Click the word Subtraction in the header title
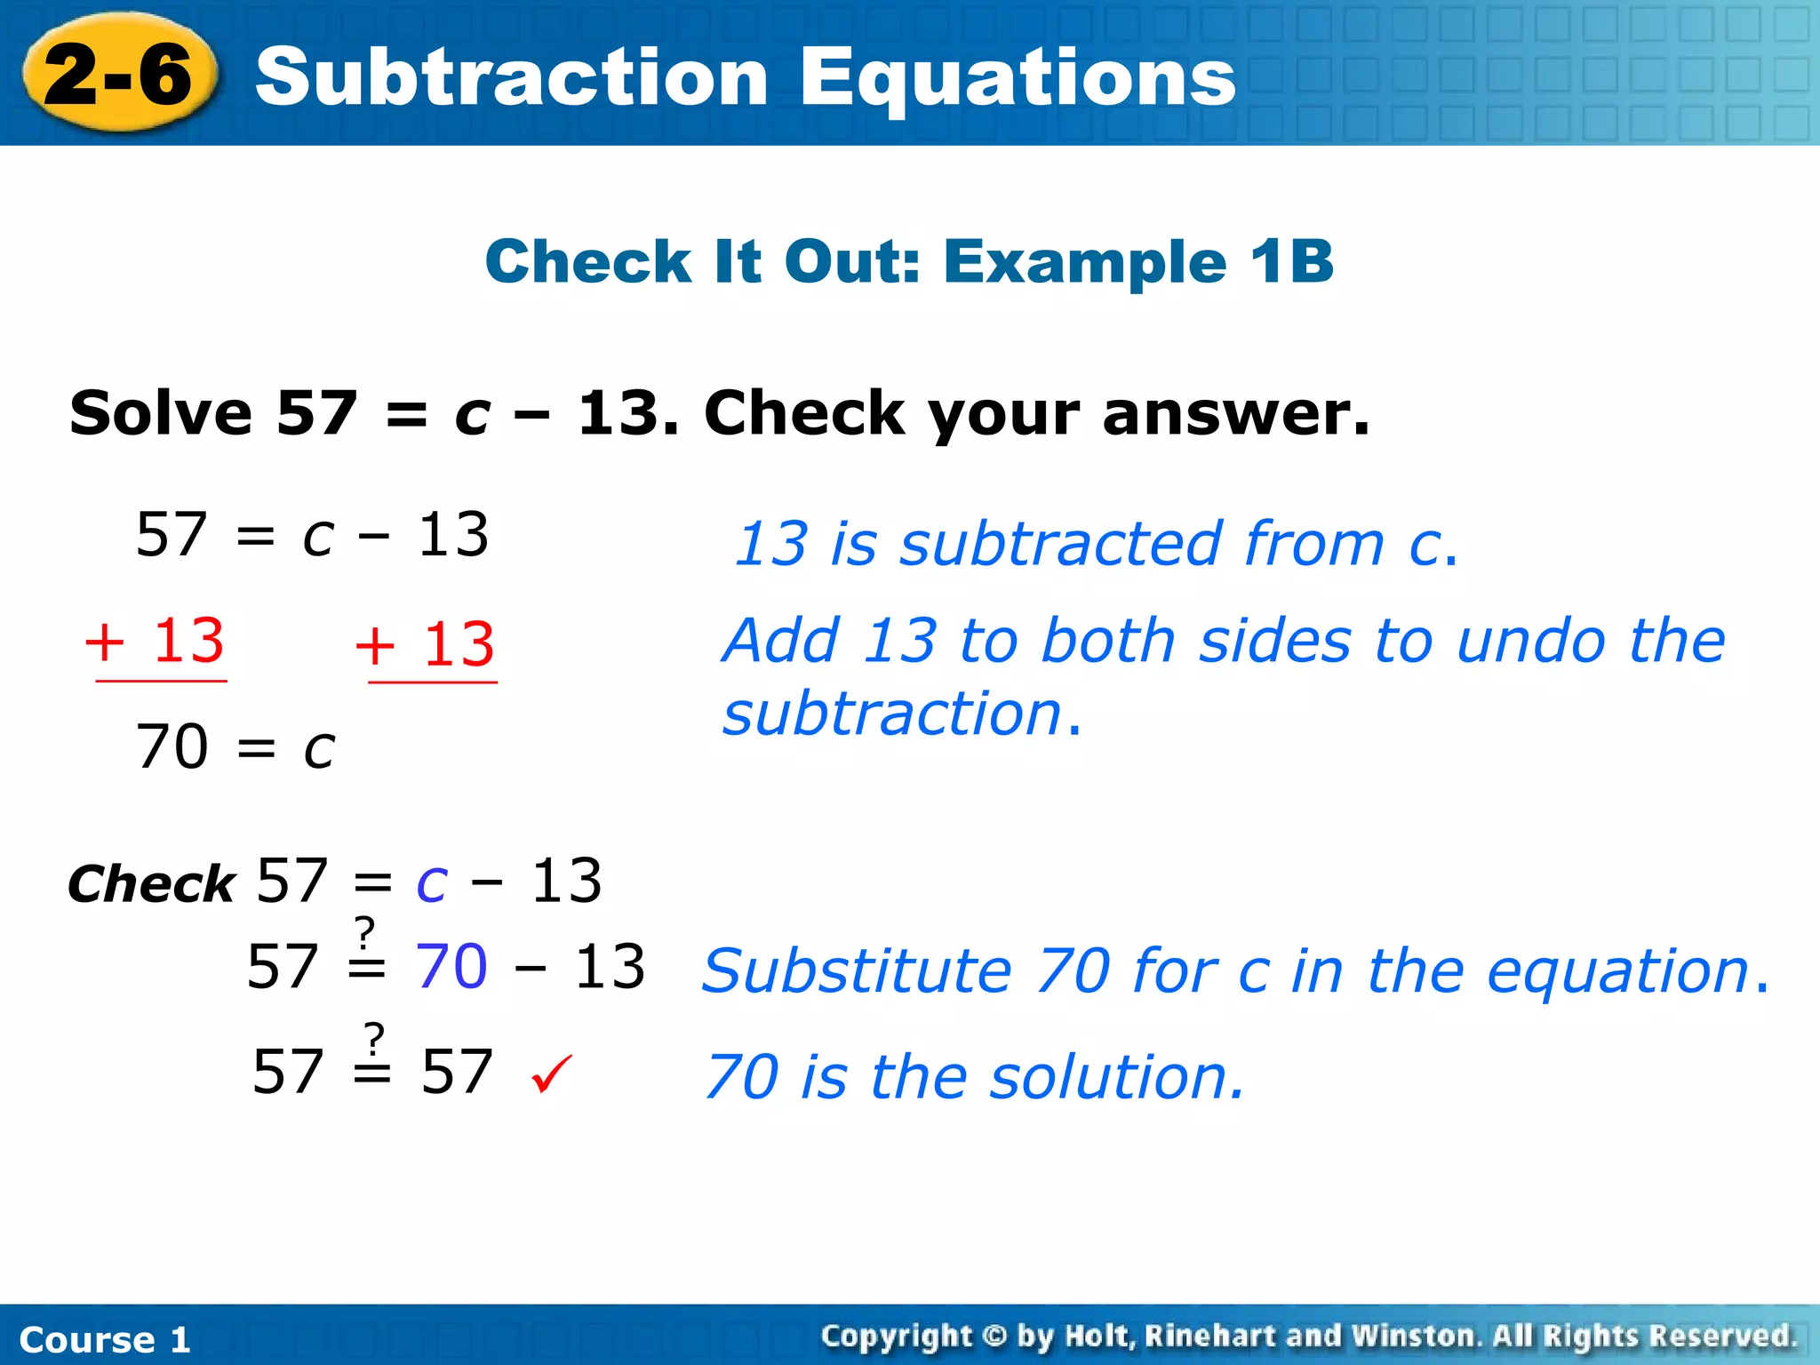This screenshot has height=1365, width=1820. coord(511,77)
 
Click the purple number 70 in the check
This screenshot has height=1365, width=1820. coord(451,966)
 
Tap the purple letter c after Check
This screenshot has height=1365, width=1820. coord(432,882)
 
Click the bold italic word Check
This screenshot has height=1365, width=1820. coord(151,884)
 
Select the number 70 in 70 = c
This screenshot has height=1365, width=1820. coord(172,746)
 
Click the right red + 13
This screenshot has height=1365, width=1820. coord(425,644)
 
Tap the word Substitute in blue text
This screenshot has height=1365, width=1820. coord(857,971)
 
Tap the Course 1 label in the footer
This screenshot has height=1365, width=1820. coord(105,1339)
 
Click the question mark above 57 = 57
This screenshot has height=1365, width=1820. coord(375,1035)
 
